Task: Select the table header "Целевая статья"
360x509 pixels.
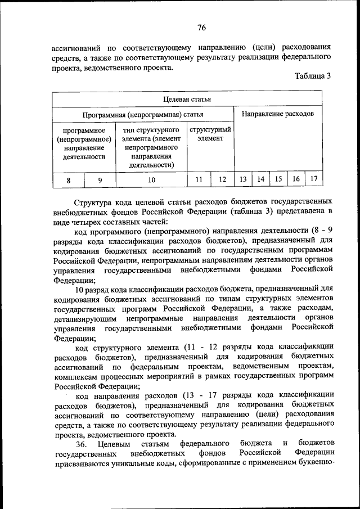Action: pyautogui.click(x=187, y=100)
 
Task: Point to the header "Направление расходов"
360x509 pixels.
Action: pyautogui.click(x=278, y=114)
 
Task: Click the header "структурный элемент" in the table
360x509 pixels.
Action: pyautogui.click(x=210, y=134)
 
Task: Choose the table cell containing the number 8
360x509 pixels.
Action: pyautogui.click(x=69, y=180)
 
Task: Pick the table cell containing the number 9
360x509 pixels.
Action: pyautogui.click(x=100, y=180)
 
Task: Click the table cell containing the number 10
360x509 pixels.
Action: pyautogui.click(x=151, y=180)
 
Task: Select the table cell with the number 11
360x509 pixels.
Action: pyautogui.click(x=199, y=179)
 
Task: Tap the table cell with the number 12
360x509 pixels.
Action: pyautogui.click(x=222, y=179)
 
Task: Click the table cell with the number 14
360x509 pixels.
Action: pyautogui.click(x=261, y=179)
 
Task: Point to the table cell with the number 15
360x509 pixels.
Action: pyautogui.click(x=278, y=179)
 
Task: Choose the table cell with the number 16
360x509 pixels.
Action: pyautogui.click(x=296, y=179)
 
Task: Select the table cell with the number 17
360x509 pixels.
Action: pyautogui.click(x=314, y=179)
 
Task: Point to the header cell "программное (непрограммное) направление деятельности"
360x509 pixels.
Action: pyautogui.click(x=84, y=143)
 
